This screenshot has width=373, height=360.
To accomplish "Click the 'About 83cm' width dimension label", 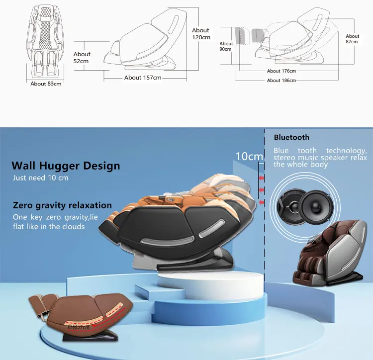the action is point(46,84).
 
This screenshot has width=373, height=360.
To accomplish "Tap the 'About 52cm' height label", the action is point(82,58).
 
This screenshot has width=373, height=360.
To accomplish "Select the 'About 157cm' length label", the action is point(143,78).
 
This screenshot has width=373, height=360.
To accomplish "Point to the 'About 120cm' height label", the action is point(201,34).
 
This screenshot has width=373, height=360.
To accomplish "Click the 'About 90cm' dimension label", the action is point(226,47).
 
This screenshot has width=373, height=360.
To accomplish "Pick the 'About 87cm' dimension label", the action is point(352,39).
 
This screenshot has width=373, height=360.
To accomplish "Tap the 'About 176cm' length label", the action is point(281,71).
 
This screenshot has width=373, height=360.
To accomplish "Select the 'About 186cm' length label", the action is point(281,80).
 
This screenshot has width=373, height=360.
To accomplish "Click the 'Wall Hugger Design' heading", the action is point(66,166).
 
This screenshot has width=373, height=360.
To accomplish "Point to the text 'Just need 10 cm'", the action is point(41,178).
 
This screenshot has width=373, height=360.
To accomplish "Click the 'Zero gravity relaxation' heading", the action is point(62,205).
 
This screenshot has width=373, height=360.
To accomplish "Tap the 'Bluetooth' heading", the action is point(291,137).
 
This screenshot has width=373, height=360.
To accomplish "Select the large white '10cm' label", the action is point(249,156).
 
